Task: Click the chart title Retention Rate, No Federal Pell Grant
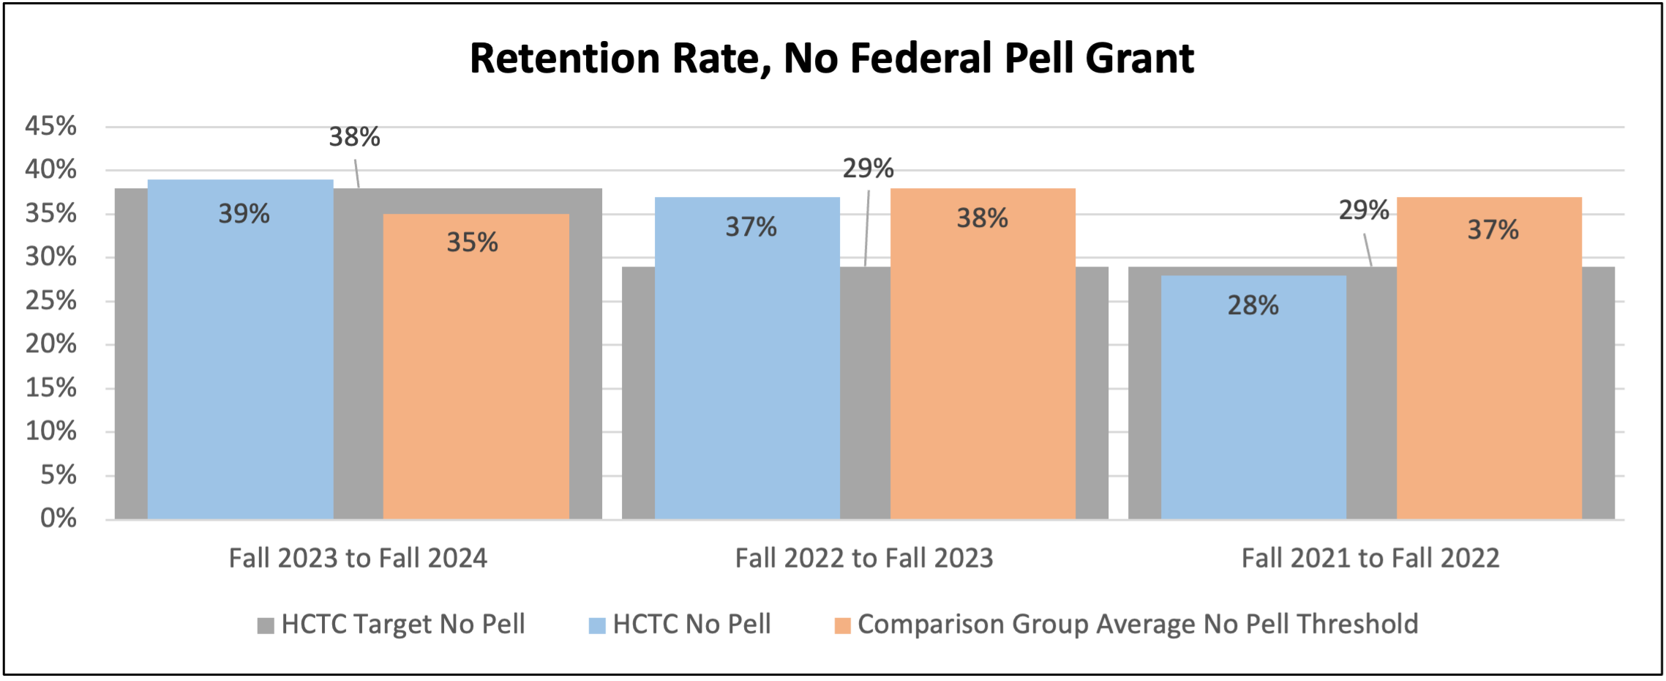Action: (x=832, y=59)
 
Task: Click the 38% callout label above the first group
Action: (x=354, y=137)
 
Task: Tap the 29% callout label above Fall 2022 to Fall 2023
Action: (x=868, y=169)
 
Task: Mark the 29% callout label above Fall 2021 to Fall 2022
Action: (x=1364, y=211)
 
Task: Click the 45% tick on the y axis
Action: (x=50, y=126)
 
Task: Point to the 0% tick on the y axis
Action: (x=58, y=518)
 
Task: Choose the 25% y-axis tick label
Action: (x=50, y=300)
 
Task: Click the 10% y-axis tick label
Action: (x=50, y=431)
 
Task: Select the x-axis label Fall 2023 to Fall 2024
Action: (x=358, y=559)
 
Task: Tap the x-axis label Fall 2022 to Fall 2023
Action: (x=864, y=559)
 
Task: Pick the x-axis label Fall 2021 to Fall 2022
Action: (x=1370, y=559)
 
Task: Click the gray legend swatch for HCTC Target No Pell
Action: (x=266, y=625)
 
